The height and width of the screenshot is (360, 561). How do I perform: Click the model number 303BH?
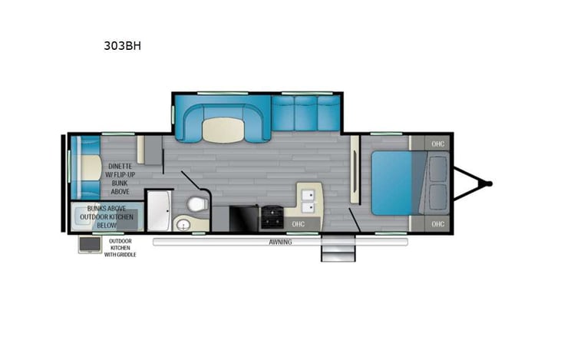click(122, 45)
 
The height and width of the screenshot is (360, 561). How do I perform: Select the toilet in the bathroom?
click(196, 204)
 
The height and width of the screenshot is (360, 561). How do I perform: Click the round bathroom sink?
click(183, 223)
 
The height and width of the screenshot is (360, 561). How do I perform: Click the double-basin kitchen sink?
click(309, 198)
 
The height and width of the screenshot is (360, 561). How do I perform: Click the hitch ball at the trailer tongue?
click(488, 183)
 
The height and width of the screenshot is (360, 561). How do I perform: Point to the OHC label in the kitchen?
click(299, 223)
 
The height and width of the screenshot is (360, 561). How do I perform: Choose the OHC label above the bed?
click(437, 144)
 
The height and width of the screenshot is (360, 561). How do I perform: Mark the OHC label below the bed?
click(437, 223)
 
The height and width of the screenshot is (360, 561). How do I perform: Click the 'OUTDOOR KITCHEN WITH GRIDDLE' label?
click(120, 248)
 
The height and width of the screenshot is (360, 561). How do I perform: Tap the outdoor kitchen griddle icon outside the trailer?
click(87, 245)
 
